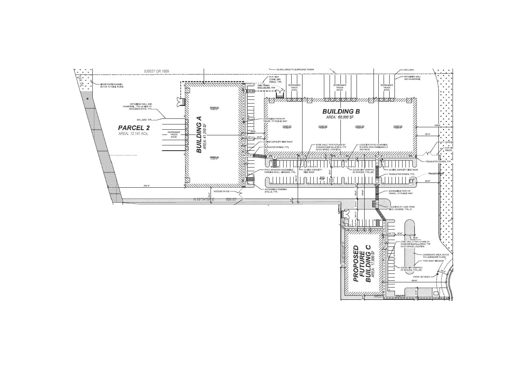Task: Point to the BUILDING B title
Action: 340,111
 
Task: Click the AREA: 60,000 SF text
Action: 340,117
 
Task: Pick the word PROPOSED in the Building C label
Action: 356,264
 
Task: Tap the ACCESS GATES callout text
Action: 221,191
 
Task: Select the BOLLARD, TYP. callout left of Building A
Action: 145,120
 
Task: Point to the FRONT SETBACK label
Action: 421,277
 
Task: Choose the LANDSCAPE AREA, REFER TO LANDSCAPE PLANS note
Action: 434,256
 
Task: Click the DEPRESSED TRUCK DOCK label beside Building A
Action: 174,134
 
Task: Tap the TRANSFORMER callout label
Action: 435,174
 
